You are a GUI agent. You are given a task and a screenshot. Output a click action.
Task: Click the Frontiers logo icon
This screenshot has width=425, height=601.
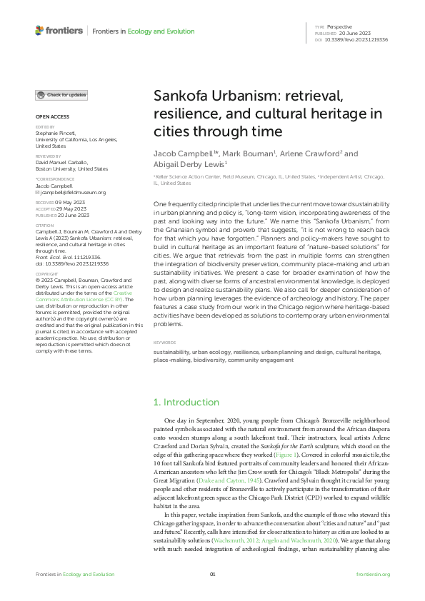pyautogui.click(x=39, y=31)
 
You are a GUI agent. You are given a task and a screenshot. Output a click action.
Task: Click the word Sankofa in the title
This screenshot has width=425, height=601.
pyautogui.click(x=179, y=97)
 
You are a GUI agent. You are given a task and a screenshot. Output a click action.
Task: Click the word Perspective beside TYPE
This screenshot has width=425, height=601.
pyautogui.click(x=340, y=26)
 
